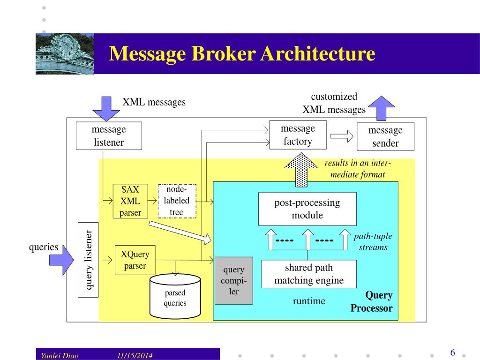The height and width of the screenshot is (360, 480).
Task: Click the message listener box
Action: click(x=109, y=136)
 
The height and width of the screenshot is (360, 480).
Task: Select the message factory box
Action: click(x=298, y=135)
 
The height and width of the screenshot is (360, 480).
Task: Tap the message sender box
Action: click(x=385, y=136)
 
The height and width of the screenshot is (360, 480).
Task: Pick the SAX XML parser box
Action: click(x=130, y=201)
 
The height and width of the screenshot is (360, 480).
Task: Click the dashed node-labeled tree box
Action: click(x=177, y=201)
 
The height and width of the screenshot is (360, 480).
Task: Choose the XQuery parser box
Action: click(x=135, y=260)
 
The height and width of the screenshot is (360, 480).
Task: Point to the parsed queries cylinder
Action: click(x=175, y=295)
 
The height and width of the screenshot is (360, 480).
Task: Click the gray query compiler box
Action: click(x=233, y=281)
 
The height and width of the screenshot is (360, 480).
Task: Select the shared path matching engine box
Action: click(x=308, y=274)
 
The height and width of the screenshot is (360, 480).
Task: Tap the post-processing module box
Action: click(x=307, y=209)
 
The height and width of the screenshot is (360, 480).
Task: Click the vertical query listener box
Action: click(x=88, y=260)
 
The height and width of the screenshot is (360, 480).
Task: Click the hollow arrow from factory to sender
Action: click(x=341, y=136)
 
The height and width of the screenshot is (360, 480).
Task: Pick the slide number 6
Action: click(x=452, y=352)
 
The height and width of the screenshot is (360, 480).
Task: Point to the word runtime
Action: click(x=309, y=301)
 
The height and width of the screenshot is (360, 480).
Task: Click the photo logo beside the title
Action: click(x=65, y=53)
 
